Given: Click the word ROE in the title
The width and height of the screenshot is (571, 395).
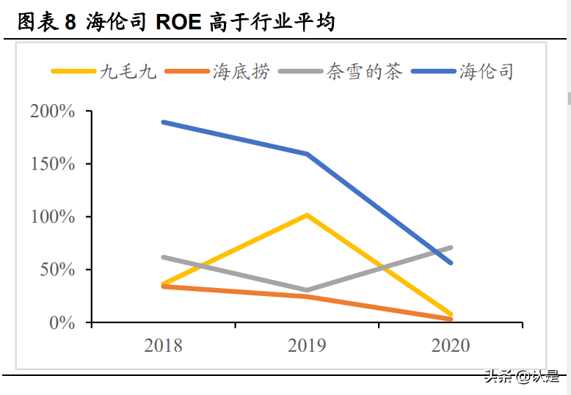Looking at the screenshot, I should point(178,23).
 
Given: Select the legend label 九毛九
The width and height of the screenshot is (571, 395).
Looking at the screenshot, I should point(128,72).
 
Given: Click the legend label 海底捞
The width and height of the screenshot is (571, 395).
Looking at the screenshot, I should point(241,72).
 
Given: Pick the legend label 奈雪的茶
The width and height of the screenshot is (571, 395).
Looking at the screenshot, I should point(365,72).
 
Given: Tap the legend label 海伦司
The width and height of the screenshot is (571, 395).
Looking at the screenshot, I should point(486,72).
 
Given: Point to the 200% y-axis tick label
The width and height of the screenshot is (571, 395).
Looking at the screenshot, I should point(53,111).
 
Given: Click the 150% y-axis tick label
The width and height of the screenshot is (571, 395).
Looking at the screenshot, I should point(53,164).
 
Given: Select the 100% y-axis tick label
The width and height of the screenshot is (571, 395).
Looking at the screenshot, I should point(53,217).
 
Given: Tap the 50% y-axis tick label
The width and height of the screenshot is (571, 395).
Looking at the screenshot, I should point(57,270).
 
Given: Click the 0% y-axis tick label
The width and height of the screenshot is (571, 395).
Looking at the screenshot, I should point(62,322).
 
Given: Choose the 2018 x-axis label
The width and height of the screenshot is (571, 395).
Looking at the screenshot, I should point(163,345).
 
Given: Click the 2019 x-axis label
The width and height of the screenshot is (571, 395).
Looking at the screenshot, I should point(307,345).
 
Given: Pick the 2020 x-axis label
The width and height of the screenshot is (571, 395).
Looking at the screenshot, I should point(451,345).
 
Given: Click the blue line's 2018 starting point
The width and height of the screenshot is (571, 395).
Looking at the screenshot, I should point(163,122).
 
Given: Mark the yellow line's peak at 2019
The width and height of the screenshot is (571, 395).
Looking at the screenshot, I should point(307,215).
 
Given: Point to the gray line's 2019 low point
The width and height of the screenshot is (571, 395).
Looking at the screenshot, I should point(307,290).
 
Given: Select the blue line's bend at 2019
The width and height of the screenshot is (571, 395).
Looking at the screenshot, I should point(307,154).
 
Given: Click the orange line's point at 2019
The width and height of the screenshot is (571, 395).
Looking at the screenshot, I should point(307,297).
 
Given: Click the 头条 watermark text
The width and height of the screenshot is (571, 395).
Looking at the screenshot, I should point(498,377).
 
